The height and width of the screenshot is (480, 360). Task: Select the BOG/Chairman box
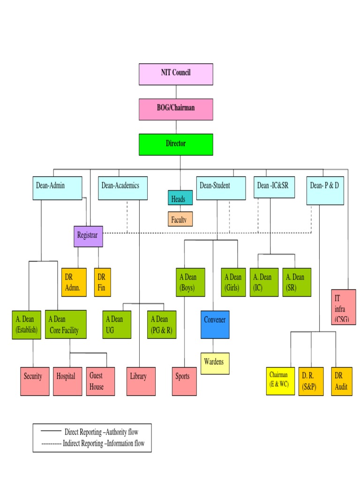(176, 109)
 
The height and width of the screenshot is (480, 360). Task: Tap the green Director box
(176, 144)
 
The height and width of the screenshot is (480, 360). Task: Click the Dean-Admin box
(58, 187)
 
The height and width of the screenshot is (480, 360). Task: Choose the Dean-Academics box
(123, 187)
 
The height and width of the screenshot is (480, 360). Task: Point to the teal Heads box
(180, 198)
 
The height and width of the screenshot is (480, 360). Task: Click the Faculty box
(180, 219)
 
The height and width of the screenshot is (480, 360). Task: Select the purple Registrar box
(88, 236)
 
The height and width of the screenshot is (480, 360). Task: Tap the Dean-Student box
(220, 187)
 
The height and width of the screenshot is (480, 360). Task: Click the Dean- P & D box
(325, 190)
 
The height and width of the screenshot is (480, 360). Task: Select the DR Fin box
(102, 282)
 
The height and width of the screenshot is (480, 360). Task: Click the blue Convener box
(215, 324)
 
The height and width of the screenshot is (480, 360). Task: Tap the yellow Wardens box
(215, 363)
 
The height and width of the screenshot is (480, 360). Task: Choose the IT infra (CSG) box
(343, 307)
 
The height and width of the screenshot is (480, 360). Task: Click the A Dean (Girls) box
(233, 282)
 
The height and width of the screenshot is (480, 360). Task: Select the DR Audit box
(342, 381)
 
